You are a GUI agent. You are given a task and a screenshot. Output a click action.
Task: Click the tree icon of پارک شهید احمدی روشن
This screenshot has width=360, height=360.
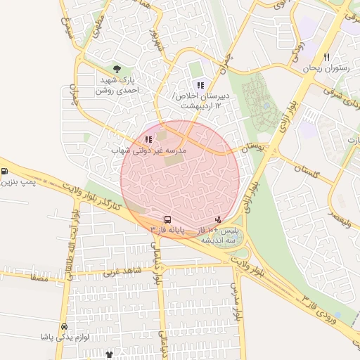pos(117,70)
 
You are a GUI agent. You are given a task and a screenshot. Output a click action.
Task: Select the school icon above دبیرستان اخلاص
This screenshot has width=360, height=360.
pos(200,85)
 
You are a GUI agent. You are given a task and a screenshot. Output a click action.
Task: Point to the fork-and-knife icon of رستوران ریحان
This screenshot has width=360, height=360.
pos(326,57)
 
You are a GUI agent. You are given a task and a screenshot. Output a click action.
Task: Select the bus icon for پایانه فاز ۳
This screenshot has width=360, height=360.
pos(167,219)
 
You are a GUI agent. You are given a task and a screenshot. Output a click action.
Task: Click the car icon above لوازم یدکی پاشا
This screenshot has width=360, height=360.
pos(64,326)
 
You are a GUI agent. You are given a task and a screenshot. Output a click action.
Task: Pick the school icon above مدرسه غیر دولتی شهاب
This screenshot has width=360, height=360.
pos(148,139)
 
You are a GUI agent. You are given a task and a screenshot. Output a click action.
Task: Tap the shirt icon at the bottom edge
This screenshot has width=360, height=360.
pos(109,355)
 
